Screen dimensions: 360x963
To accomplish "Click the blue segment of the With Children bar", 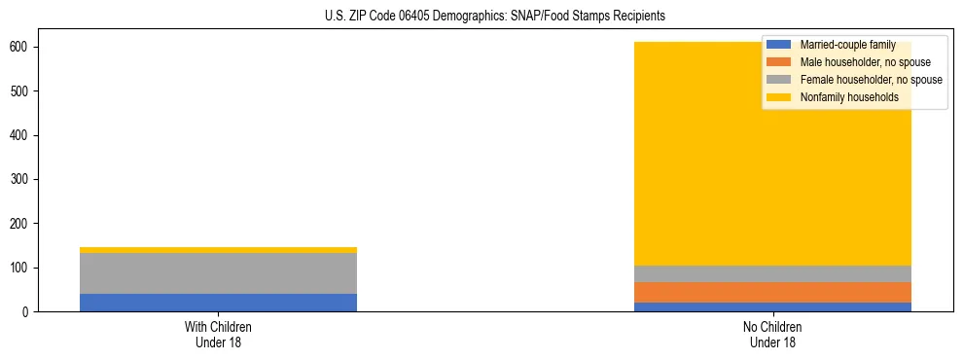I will [x=218, y=303].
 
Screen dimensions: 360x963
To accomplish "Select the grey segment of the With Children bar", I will [x=218, y=273].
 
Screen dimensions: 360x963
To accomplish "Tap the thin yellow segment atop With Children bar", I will [x=218, y=250].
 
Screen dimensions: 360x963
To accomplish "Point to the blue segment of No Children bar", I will [x=772, y=307].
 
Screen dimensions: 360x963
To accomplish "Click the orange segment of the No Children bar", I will [x=772, y=293].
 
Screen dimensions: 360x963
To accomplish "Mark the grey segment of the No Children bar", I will [x=772, y=274].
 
